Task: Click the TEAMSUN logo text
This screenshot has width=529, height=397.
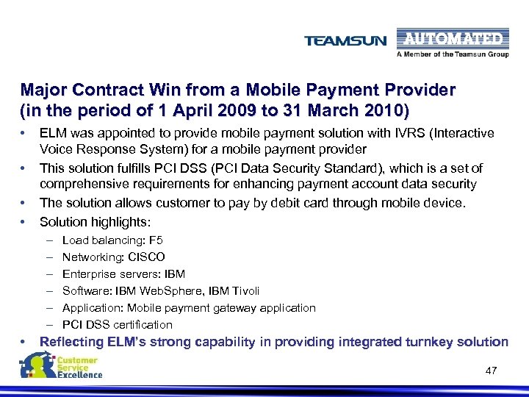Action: pyautogui.click(x=345, y=41)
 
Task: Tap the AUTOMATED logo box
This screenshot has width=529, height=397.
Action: pyautogui.click(x=450, y=39)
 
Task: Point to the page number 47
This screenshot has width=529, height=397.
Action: pyautogui.click(x=492, y=371)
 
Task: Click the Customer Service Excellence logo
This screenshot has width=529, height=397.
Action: pyautogui.click(x=62, y=366)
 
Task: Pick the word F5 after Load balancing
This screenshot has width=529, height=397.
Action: pyautogui.click(x=155, y=240)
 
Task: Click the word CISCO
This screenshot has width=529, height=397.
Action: pyautogui.click(x=145, y=257)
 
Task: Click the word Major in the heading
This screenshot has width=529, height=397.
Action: pyautogui.click(x=43, y=90)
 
